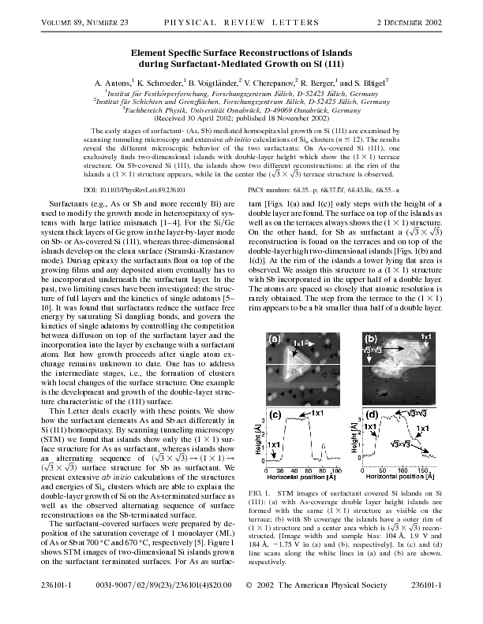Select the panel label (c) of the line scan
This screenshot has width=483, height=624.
[276, 414]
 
